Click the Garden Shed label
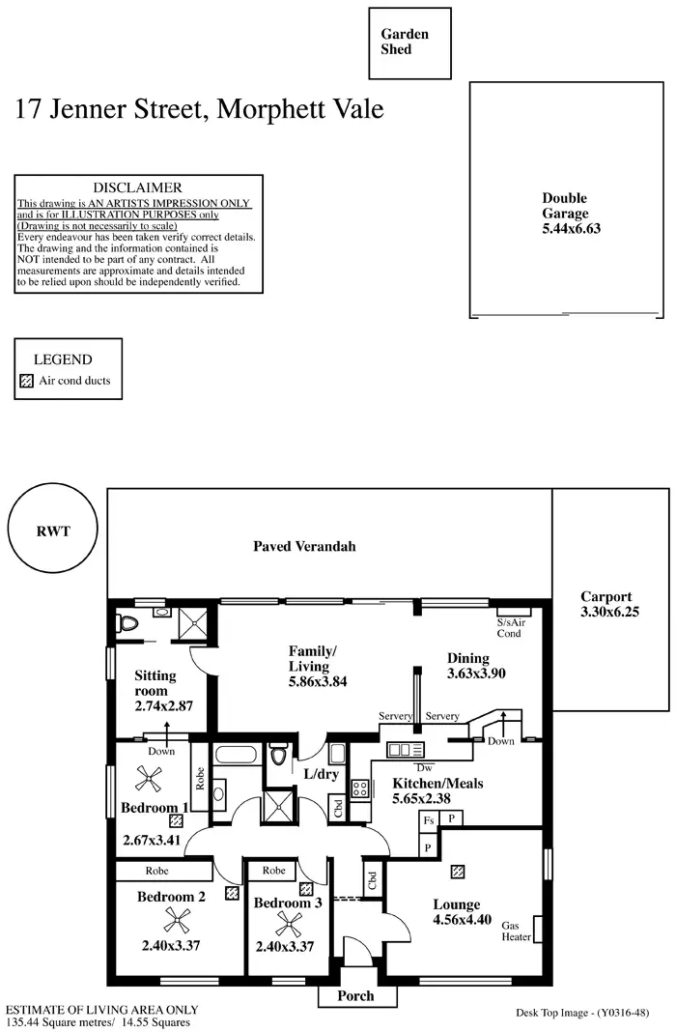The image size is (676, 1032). click(405, 42)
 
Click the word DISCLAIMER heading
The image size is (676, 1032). click(137, 187)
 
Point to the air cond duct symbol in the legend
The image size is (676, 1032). click(26, 381)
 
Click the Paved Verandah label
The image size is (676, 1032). click(304, 546)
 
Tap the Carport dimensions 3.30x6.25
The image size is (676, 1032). click(609, 613)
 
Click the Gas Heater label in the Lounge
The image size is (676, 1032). click(517, 930)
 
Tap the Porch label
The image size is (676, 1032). click(354, 995)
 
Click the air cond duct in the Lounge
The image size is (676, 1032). click(458, 872)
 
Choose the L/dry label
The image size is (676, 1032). click(320, 775)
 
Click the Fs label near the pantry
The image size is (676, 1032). click(429, 819)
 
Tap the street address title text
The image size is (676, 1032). click(199, 109)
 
